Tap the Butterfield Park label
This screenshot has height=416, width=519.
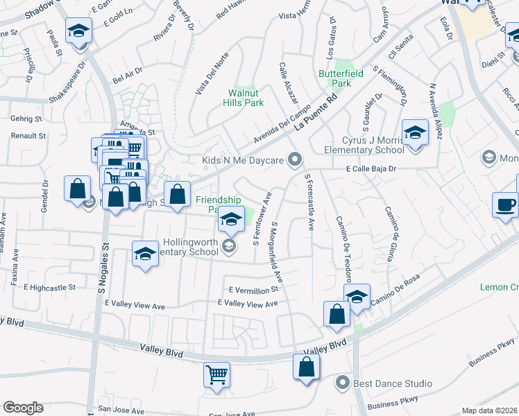click(335, 78)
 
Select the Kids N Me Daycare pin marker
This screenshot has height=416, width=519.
click(295, 160)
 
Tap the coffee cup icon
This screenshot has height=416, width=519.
click(505, 204)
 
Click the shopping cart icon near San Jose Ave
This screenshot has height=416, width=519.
click(216, 374)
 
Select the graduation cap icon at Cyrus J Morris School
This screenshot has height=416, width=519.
click(415, 132)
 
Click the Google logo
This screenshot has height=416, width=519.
click(24, 408)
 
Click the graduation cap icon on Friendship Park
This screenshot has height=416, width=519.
click(232, 220)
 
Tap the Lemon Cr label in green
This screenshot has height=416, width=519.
click(499, 287)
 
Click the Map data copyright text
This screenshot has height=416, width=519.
click(490, 410)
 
